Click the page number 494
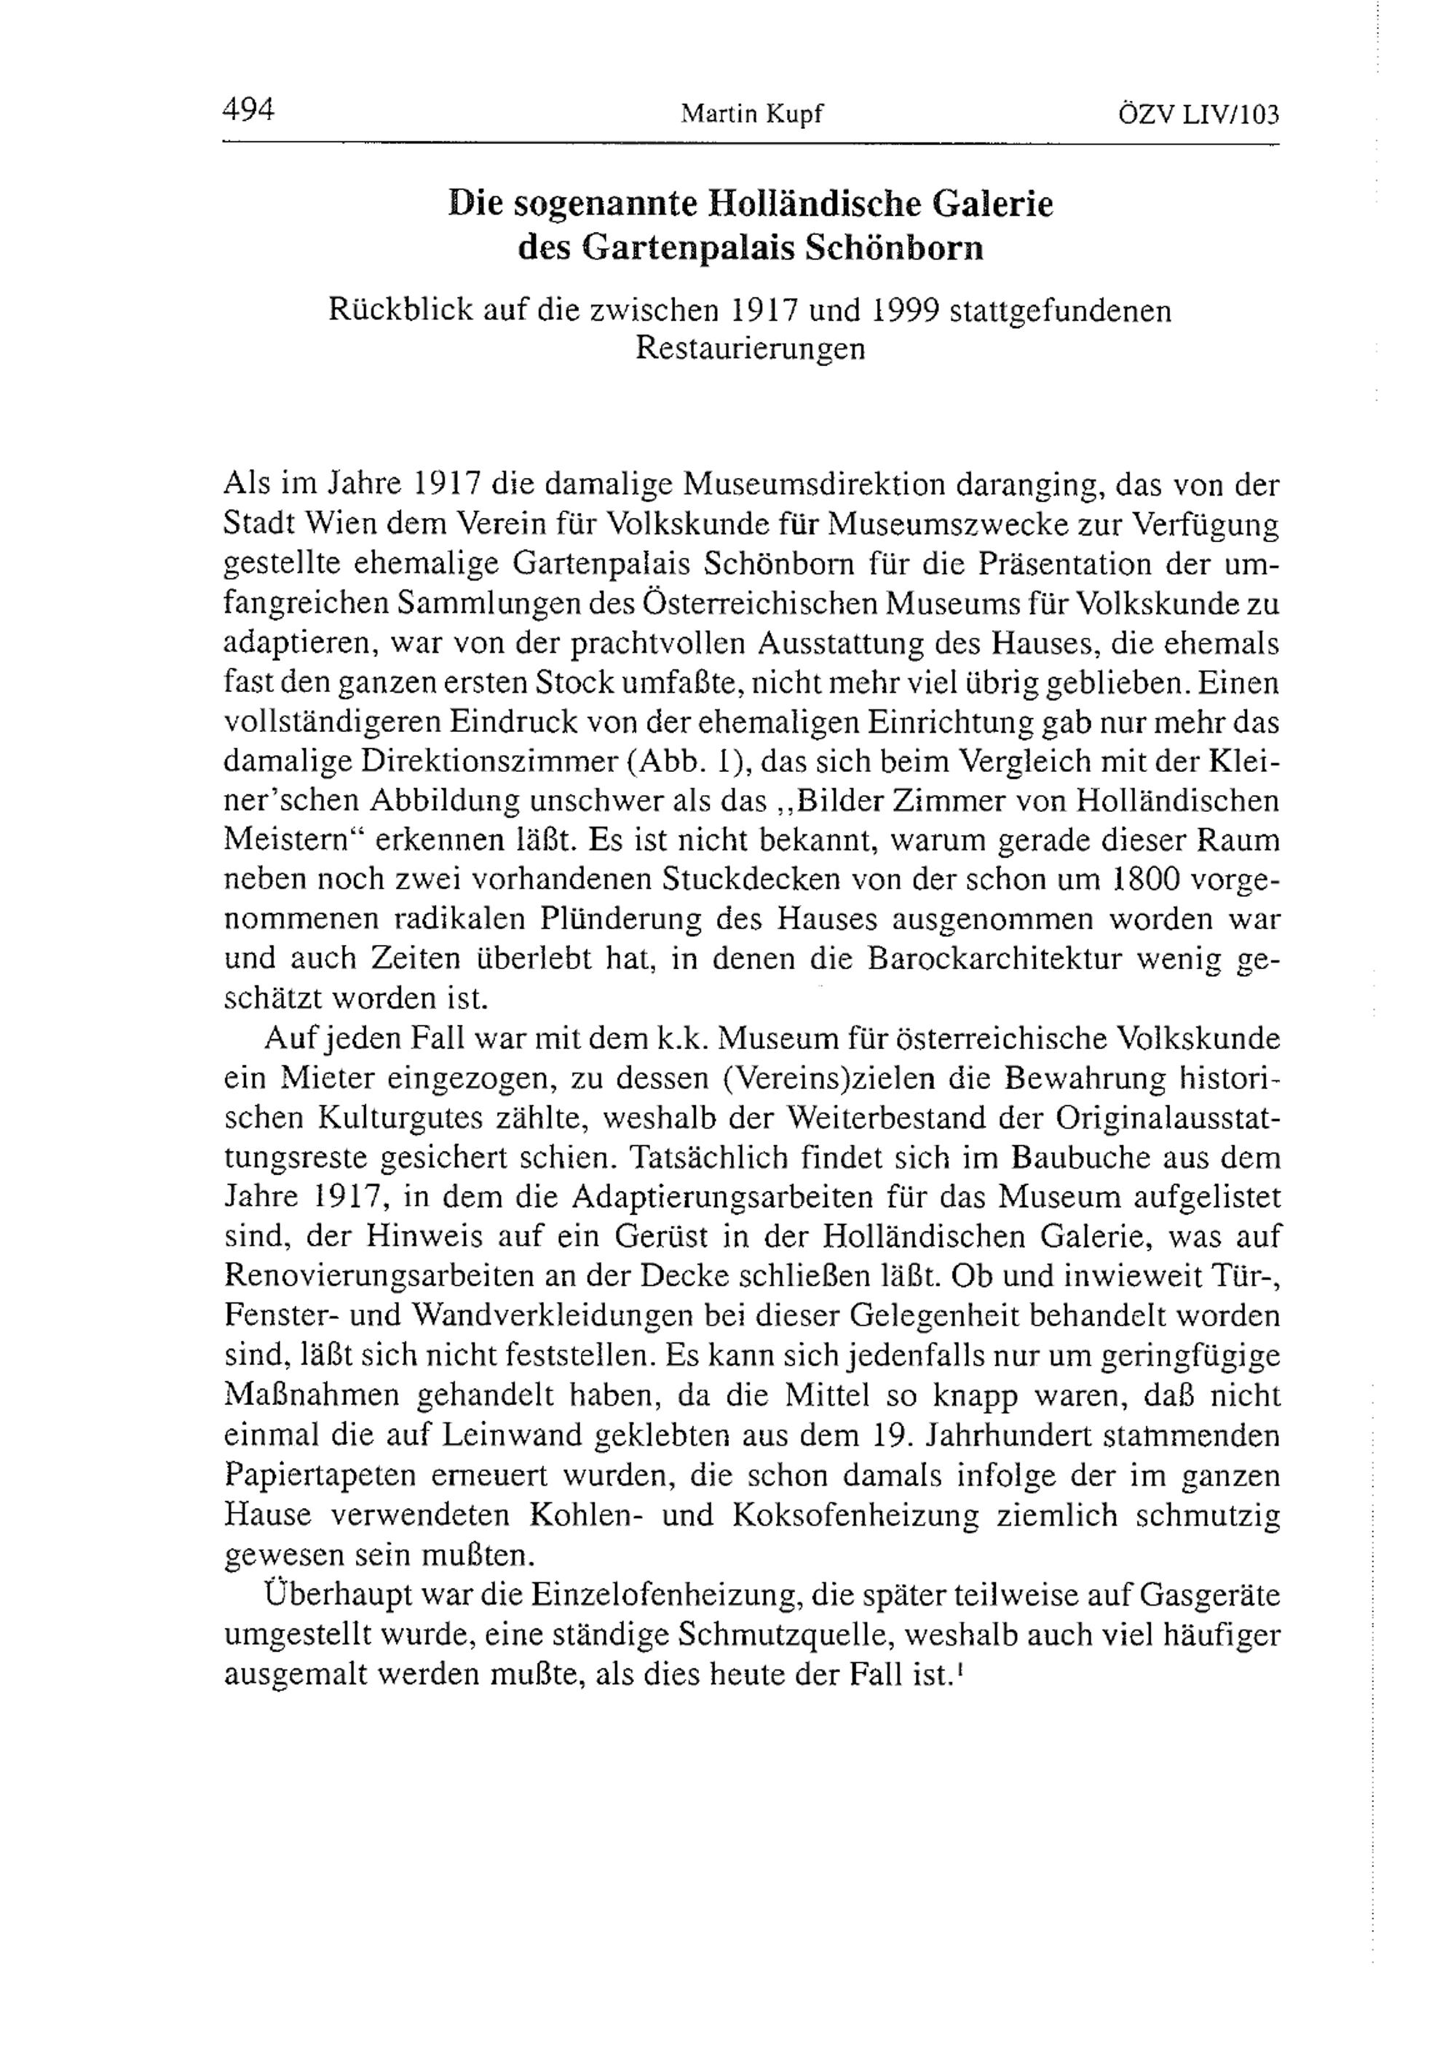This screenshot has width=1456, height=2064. [248, 110]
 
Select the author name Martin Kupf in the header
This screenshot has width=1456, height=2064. [752, 114]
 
